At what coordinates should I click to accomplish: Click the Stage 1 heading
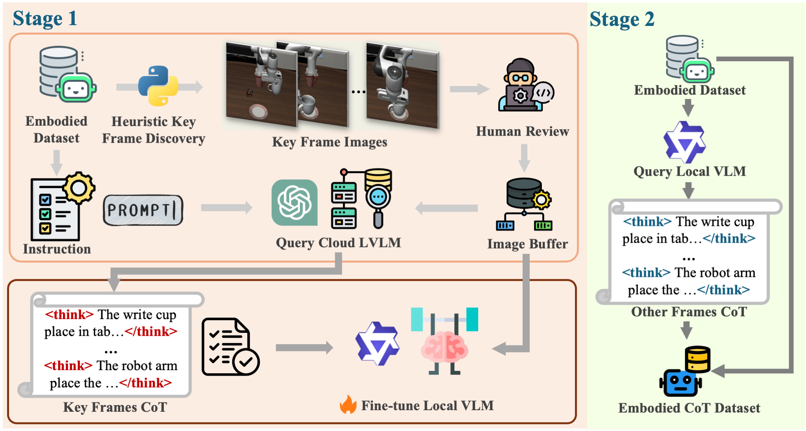(x=45, y=18)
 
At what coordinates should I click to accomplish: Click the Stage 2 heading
(x=622, y=19)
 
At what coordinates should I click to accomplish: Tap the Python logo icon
(x=158, y=86)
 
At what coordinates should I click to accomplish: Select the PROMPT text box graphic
(x=143, y=210)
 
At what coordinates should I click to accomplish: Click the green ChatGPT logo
(x=294, y=202)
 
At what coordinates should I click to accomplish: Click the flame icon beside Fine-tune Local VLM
(x=348, y=405)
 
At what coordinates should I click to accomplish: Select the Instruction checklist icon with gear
(x=61, y=206)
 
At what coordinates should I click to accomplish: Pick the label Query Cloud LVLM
(x=338, y=243)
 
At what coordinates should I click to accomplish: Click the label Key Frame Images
(x=330, y=142)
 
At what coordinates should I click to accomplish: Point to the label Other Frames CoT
(x=689, y=312)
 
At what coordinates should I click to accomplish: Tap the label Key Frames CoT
(x=115, y=407)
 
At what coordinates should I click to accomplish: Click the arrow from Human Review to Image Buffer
(x=524, y=158)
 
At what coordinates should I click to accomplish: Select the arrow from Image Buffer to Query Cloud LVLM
(x=447, y=208)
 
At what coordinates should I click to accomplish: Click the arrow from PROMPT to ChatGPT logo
(x=227, y=207)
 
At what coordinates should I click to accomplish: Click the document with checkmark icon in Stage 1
(x=230, y=347)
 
